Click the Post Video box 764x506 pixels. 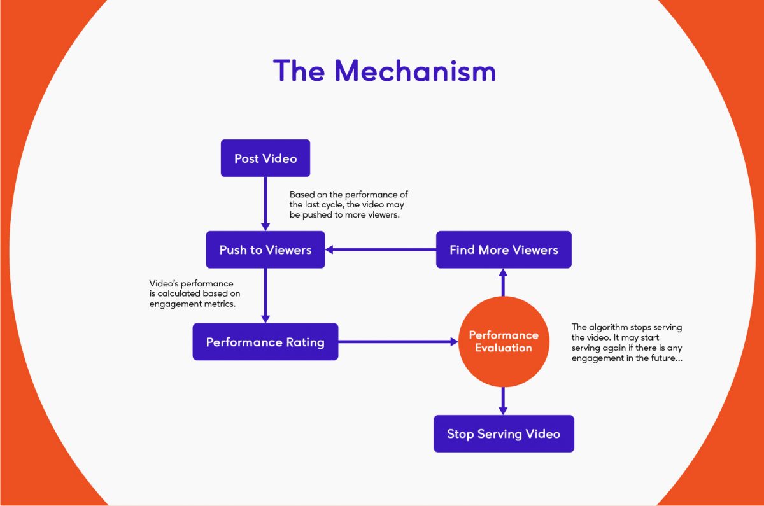[265, 158]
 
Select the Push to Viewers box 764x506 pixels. [265, 249]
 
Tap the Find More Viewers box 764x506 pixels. [504, 249]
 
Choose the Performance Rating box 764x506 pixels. [265, 342]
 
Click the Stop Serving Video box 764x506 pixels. [504, 433]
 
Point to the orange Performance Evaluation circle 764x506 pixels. [504, 341]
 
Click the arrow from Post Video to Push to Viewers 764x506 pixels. [265, 204]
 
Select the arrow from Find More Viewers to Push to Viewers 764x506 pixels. [381, 249]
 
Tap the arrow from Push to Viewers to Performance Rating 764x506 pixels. [265, 295]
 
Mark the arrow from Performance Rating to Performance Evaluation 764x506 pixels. [399, 341]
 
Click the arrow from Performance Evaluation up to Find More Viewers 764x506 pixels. [503, 283]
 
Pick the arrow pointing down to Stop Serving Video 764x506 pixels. [503, 401]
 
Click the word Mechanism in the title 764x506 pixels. [415, 71]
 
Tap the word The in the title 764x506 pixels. [299, 71]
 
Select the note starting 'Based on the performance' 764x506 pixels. [349, 204]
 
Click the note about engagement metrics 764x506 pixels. [195, 293]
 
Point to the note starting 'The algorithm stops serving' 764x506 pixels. [627, 342]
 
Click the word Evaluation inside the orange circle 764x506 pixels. [504, 348]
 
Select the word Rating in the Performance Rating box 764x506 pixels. [305, 342]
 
